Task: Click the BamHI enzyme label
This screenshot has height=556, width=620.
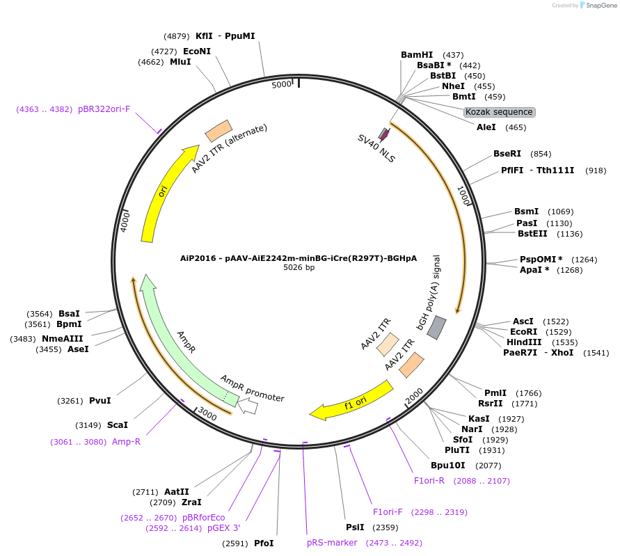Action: [417, 55]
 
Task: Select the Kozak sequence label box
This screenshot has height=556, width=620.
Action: [499, 112]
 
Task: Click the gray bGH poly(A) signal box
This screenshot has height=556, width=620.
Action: [436, 327]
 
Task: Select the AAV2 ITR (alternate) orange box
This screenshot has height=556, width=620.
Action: [218, 130]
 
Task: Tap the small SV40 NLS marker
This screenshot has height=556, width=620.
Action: [383, 133]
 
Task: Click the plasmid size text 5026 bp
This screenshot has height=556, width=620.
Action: [299, 267]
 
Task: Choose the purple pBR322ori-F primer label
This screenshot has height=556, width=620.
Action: [104, 109]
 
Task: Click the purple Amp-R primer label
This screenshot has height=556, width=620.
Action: [126, 442]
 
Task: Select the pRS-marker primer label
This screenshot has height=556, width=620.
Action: [332, 543]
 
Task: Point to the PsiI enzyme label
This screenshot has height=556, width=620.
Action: [355, 527]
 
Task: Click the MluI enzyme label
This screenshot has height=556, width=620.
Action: [180, 62]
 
